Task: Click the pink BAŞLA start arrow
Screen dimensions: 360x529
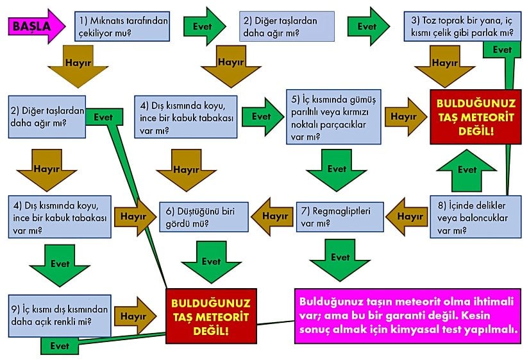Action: point(35,26)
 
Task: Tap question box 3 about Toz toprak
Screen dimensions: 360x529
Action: point(461,26)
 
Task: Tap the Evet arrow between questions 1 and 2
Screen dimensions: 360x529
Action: point(204,26)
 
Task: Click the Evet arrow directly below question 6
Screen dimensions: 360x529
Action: point(210,262)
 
